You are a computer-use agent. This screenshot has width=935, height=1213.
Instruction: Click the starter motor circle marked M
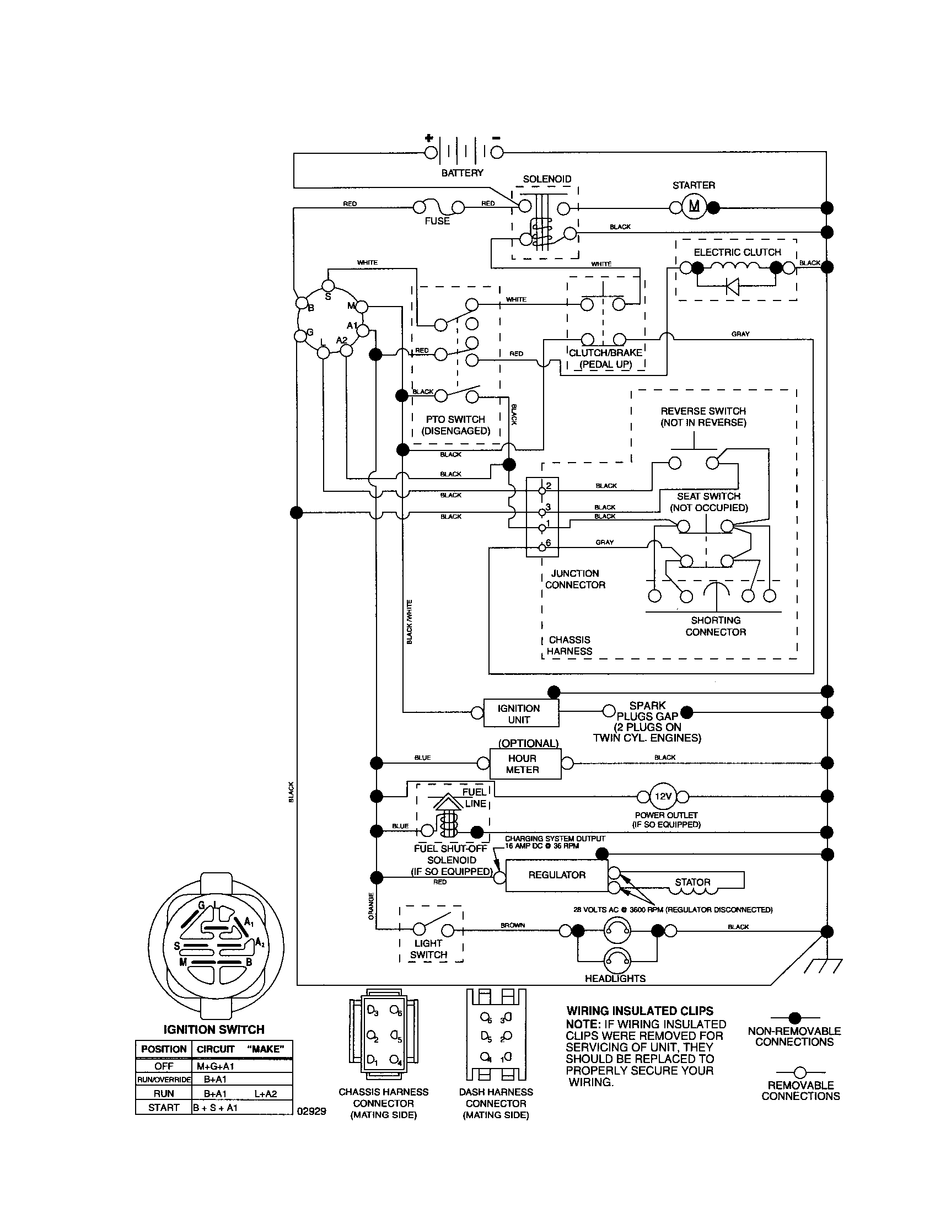[694, 207]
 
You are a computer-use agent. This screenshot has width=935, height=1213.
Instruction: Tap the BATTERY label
[462, 173]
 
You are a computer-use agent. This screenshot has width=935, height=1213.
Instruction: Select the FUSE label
[437, 221]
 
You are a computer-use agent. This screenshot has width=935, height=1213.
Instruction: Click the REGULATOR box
[556, 875]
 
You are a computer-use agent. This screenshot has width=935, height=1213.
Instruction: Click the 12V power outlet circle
[663, 797]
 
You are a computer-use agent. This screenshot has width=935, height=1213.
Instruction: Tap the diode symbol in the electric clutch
[733, 286]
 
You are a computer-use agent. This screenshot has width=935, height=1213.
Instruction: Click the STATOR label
[692, 882]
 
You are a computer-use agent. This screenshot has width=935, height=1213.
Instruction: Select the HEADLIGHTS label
[615, 978]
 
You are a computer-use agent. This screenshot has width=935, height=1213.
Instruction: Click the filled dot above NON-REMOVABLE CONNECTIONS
[794, 1017]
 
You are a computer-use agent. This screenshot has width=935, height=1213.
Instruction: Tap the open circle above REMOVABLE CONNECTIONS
[799, 1072]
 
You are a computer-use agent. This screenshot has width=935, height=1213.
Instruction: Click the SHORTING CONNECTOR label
[715, 626]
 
